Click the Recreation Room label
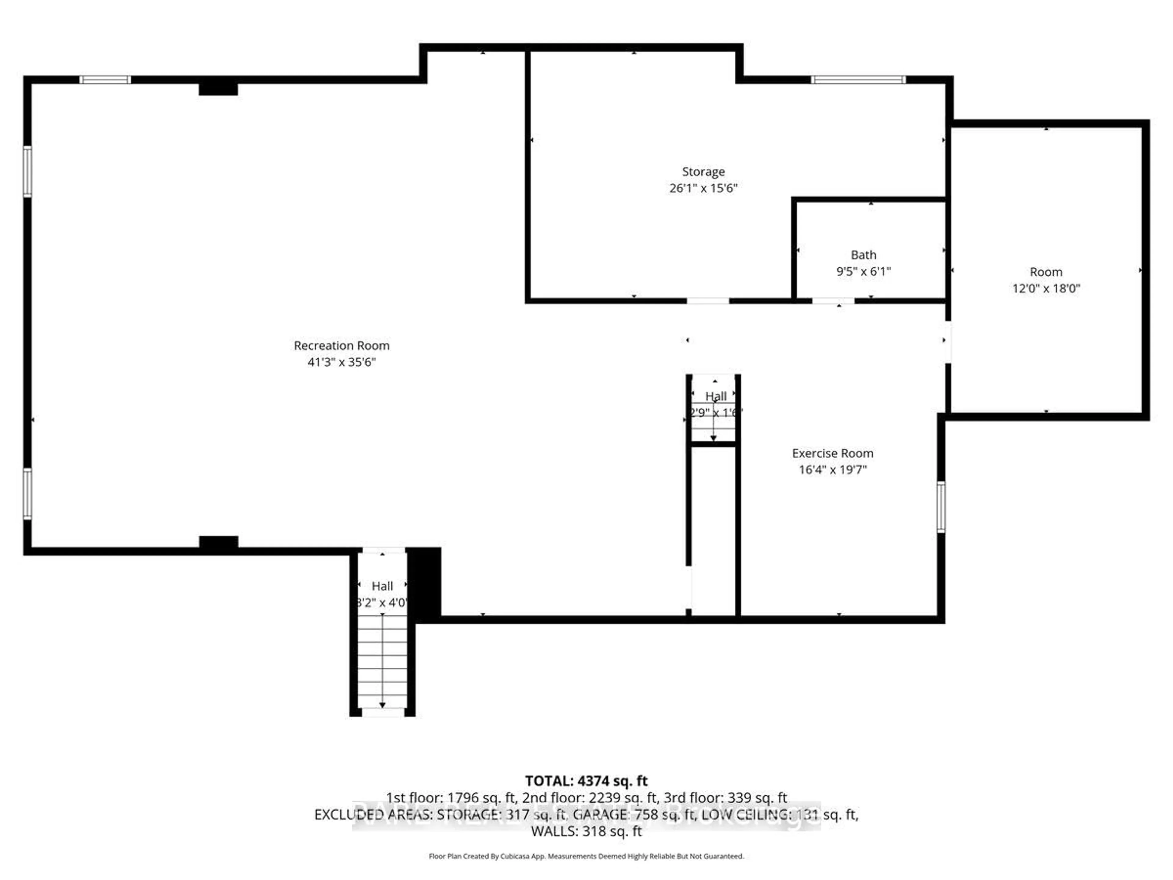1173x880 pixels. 342,345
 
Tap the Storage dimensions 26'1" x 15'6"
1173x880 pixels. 703,188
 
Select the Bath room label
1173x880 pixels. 863,255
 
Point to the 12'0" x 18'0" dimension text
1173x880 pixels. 1046,288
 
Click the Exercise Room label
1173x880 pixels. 832,453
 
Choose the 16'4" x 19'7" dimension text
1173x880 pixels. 832,469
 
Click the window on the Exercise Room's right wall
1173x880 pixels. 941,507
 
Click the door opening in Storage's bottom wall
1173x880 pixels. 708,301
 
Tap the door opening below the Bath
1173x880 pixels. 833,301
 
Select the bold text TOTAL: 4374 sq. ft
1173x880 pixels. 586,781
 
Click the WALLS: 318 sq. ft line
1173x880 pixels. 586,831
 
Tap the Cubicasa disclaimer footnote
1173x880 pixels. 586,856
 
